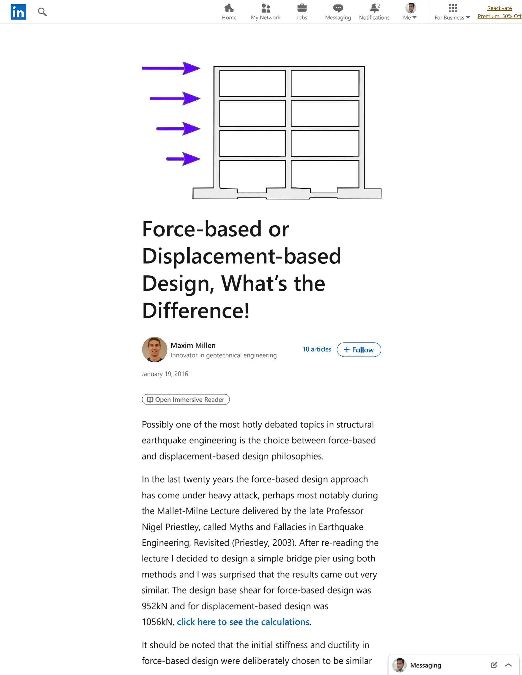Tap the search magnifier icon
click(x=42, y=12)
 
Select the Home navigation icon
click(x=229, y=8)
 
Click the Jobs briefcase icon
click(x=302, y=8)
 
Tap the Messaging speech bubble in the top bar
click(x=338, y=8)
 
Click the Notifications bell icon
click(x=374, y=8)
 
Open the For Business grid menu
click(x=452, y=8)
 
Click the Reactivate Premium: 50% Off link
click(x=499, y=12)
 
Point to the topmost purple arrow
click(x=171, y=68)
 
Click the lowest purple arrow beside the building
click(x=183, y=159)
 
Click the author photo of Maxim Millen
click(x=154, y=349)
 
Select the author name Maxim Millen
click(x=193, y=345)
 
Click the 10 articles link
click(x=317, y=349)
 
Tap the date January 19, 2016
click(x=165, y=374)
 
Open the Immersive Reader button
click(x=186, y=399)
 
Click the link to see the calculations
click(x=243, y=622)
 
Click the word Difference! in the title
click(x=196, y=310)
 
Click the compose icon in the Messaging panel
click(x=493, y=665)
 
